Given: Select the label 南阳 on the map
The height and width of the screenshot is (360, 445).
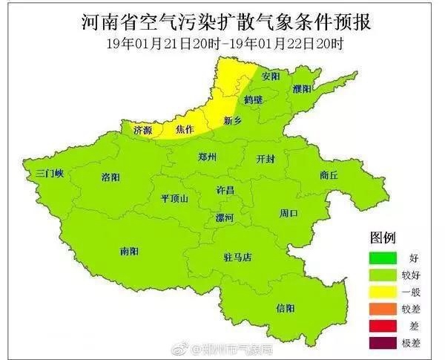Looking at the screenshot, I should pos(129,252).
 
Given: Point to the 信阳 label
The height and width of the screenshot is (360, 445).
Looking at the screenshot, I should pos(285,307).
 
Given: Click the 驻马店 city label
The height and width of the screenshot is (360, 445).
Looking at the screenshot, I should pos(238,258).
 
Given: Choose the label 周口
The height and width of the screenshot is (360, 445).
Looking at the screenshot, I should pos(289,214).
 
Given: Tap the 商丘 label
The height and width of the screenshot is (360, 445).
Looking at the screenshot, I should pos(329,175).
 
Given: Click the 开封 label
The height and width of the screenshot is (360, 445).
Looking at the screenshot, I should pos(265,159).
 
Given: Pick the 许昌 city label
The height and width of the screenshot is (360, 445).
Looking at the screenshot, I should pos(224,191).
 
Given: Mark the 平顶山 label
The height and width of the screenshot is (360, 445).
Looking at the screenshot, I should pos(175,198).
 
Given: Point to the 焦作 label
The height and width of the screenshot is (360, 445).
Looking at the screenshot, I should pos(185,130).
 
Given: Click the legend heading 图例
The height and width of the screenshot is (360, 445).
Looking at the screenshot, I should pos(383,239).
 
